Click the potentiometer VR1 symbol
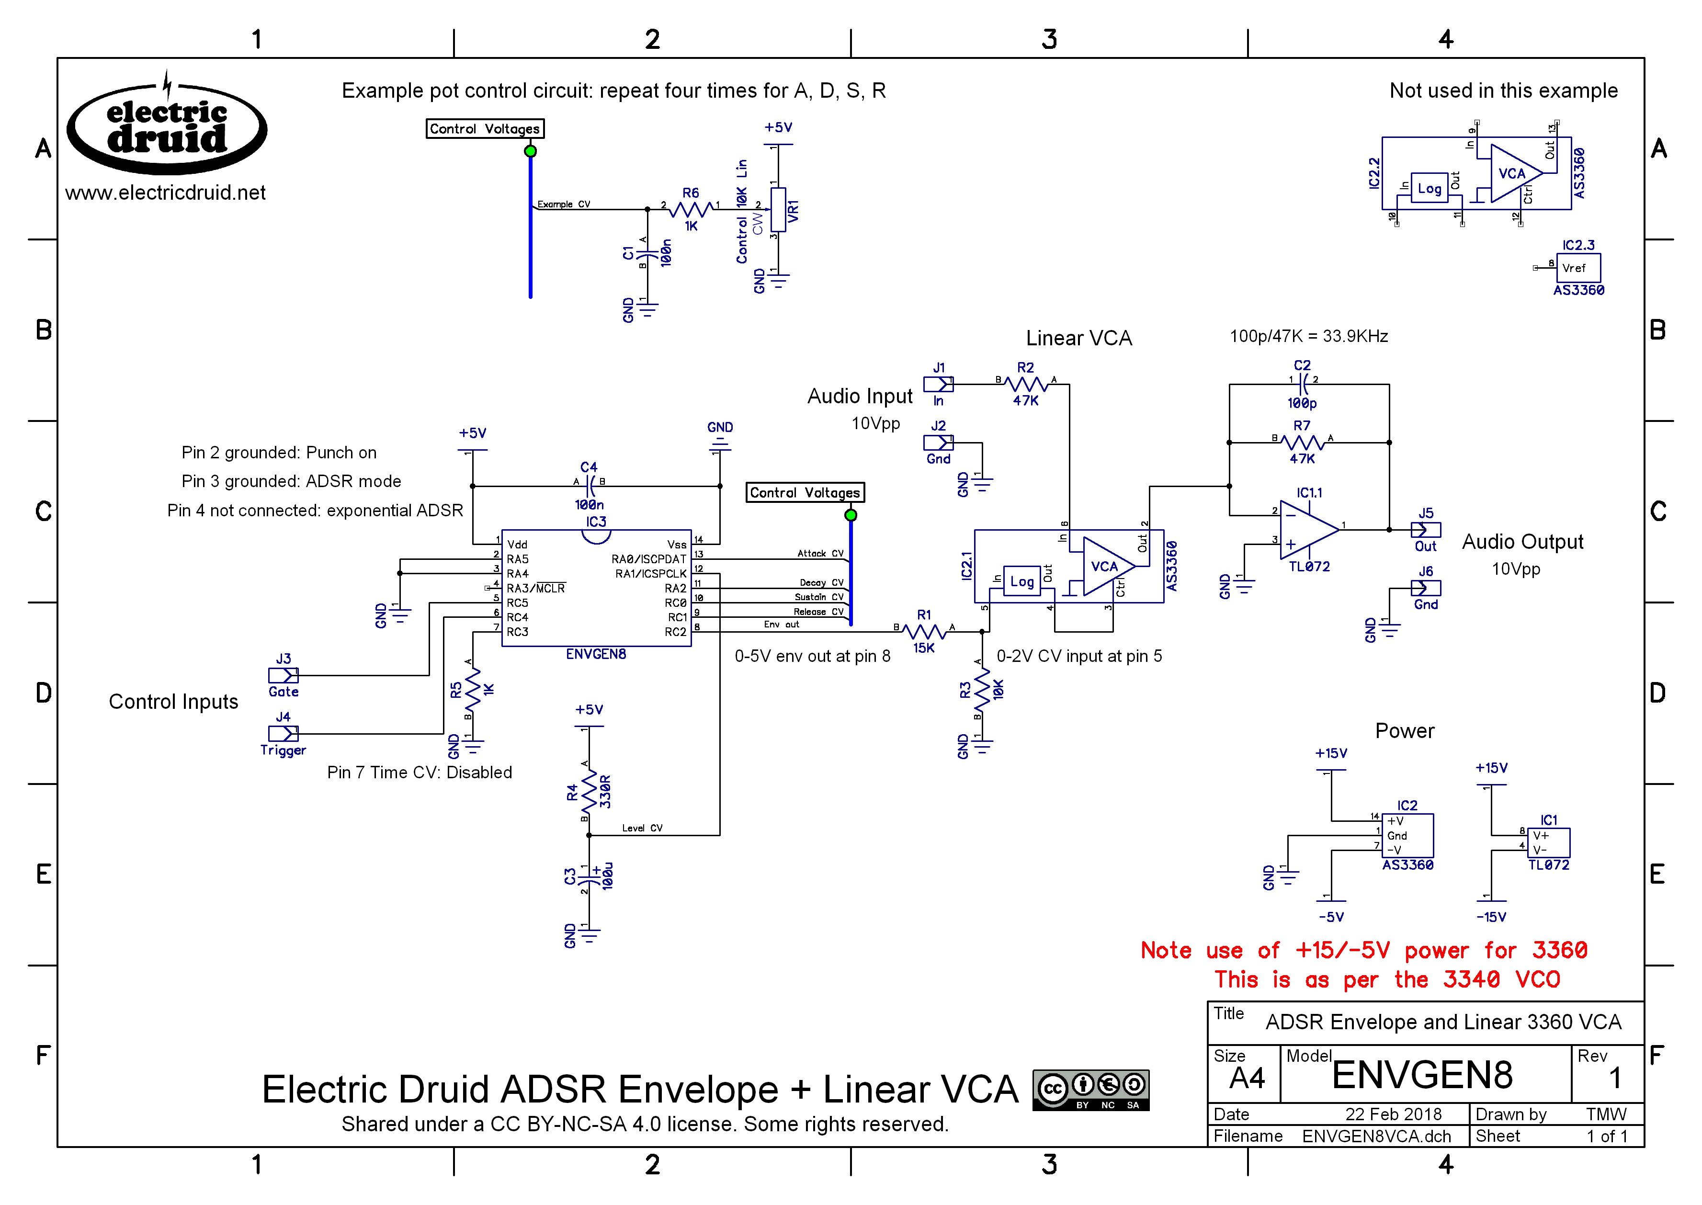point(778,209)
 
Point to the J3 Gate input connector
point(283,675)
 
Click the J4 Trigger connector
point(283,734)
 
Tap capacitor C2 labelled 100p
point(1302,385)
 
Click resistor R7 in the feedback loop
point(1302,443)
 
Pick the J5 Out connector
point(1425,530)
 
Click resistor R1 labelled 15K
point(924,631)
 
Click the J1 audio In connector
point(938,385)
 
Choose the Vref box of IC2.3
point(1577,268)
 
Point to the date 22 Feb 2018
point(1393,1114)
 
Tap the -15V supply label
point(1490,917)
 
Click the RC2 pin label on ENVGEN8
point(675,632)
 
